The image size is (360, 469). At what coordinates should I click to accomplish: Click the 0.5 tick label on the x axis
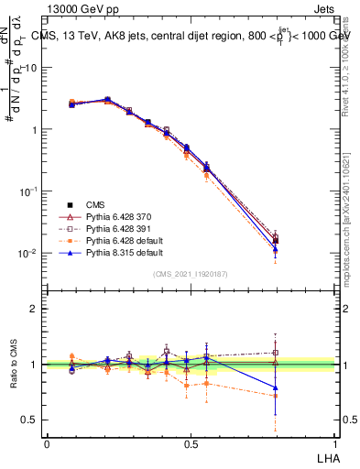point(191,443)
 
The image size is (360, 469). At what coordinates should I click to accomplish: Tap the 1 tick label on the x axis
point(335,443)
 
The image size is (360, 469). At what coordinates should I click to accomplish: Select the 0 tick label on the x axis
point(47,443)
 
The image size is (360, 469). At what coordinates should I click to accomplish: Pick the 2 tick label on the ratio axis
point(37,309)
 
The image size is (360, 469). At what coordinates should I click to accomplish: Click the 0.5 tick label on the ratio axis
point(32,420)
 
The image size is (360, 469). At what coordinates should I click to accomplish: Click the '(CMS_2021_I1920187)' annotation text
point(191,274)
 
